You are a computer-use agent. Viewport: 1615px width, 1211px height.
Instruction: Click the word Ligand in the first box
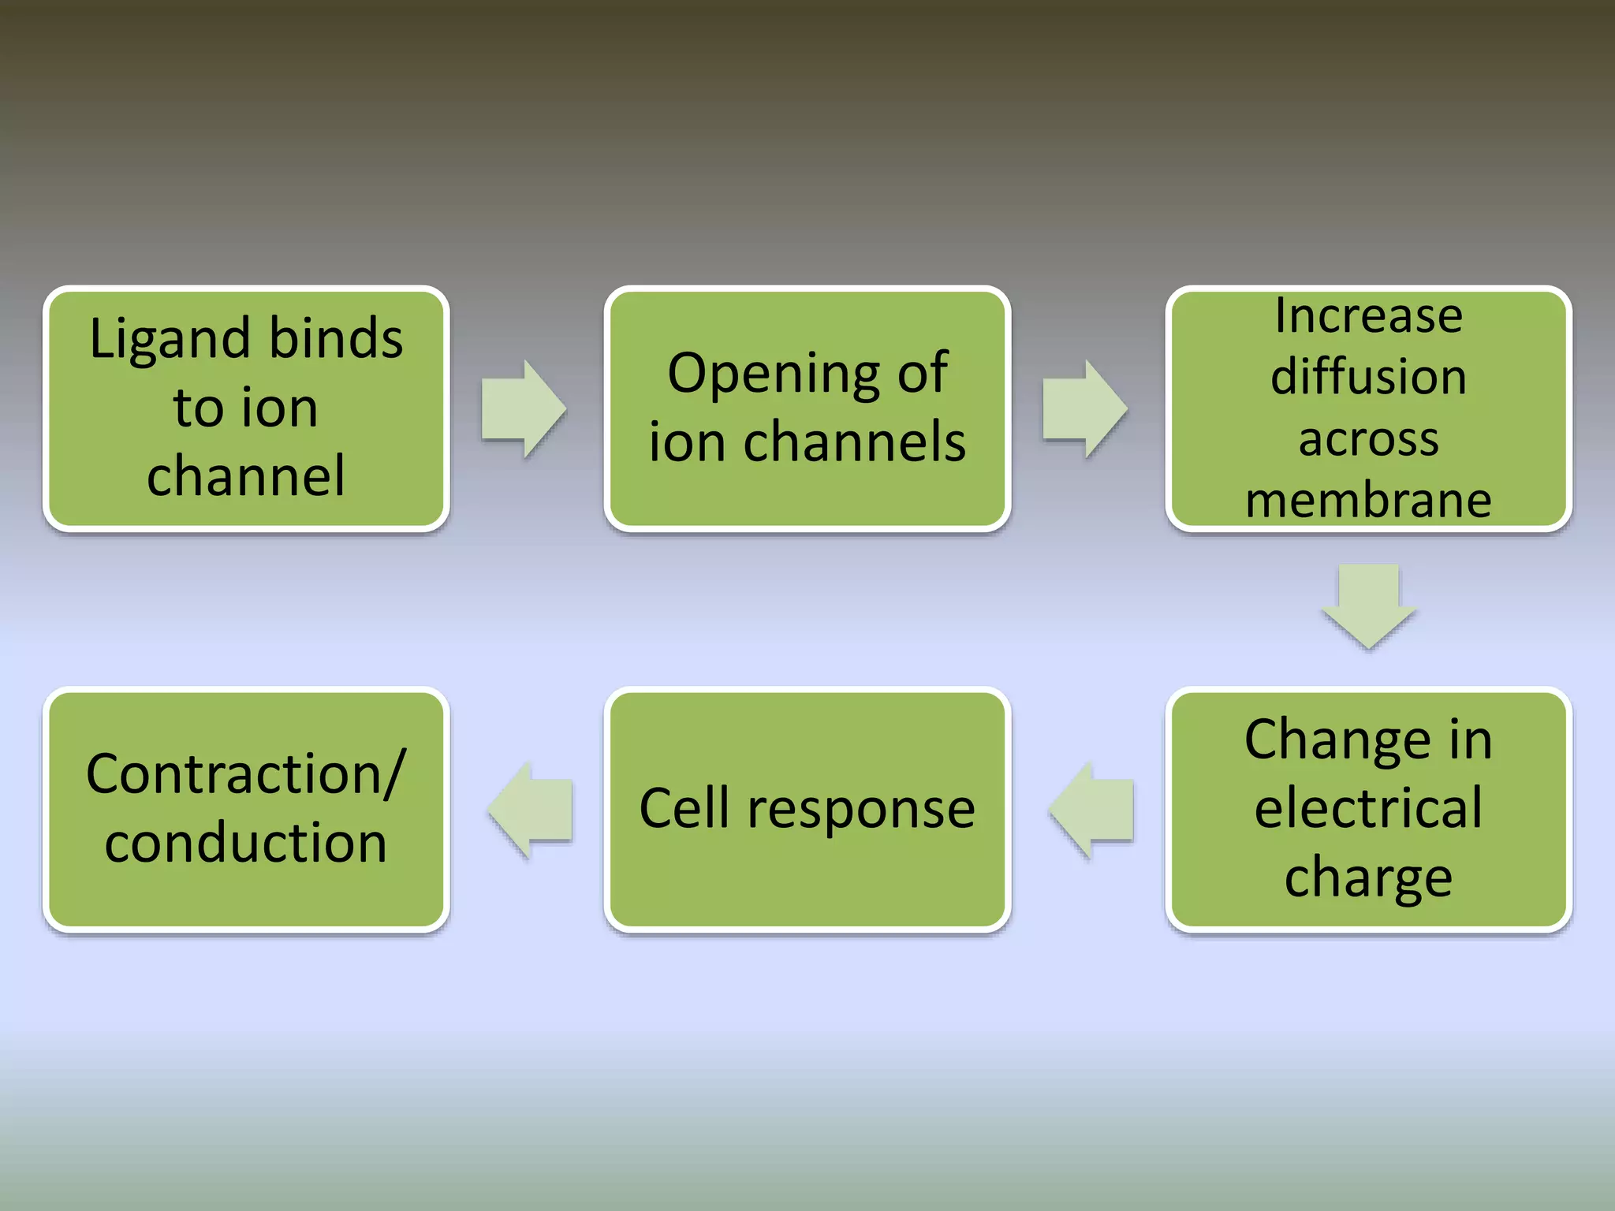(173, 340)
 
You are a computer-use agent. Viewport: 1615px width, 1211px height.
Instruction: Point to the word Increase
(1368, 316)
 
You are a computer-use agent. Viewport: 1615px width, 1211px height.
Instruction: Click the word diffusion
(1368, 376)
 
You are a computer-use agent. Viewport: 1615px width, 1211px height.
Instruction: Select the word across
(1368, 438)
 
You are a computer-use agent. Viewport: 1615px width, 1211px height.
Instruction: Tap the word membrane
(1368, 500)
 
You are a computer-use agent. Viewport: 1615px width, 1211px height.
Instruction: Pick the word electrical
(1368, 808)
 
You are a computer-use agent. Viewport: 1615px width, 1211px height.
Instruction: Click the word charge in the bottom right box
(1368, 877)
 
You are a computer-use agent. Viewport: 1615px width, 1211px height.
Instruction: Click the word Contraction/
(246, 774)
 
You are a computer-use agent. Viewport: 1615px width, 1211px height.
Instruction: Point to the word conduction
(246, 842)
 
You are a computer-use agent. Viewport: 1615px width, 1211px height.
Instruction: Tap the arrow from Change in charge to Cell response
(1092, 810)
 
